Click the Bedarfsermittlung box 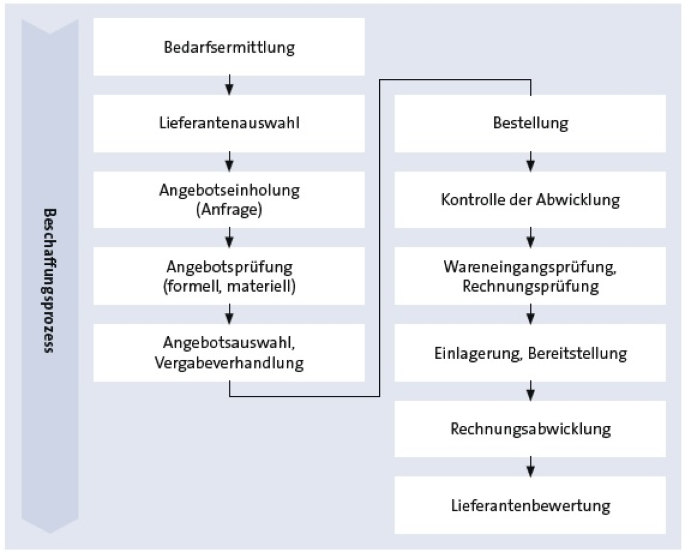(229, 47)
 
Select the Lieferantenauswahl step (229, 123)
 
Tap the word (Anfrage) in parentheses (229, 210)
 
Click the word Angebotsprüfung (229, 267)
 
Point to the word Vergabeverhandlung (229, 363)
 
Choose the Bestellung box (530, 123)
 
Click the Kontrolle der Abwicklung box (530, 200)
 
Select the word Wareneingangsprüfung (530, 267)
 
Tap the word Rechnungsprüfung (530, 286)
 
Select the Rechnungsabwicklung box (530, 429)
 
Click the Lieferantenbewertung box (530, 505)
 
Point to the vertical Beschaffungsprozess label (49, 280)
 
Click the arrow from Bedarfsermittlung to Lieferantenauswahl (229, 85)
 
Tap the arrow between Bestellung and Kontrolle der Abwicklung (530, 161)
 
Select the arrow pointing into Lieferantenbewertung (530, 467)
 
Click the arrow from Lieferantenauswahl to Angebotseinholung (229, 161)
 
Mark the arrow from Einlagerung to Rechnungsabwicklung (530, 391)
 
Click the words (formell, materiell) (229, 286)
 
